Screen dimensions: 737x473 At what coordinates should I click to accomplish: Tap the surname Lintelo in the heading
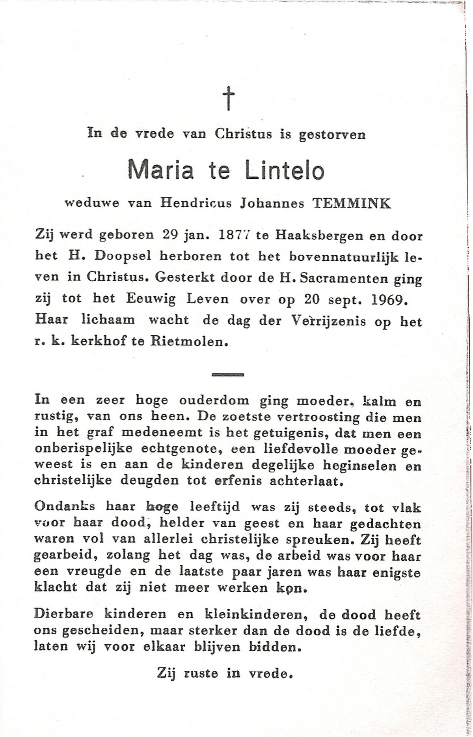tap(285, 170)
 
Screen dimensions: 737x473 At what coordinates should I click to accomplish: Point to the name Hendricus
tap(196, 204)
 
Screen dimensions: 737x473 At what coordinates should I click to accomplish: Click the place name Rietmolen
tap(189, 342)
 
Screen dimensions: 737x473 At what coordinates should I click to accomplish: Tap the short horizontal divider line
tap(228, 374)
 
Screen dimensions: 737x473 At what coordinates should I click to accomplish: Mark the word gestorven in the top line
tap(332, 135)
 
